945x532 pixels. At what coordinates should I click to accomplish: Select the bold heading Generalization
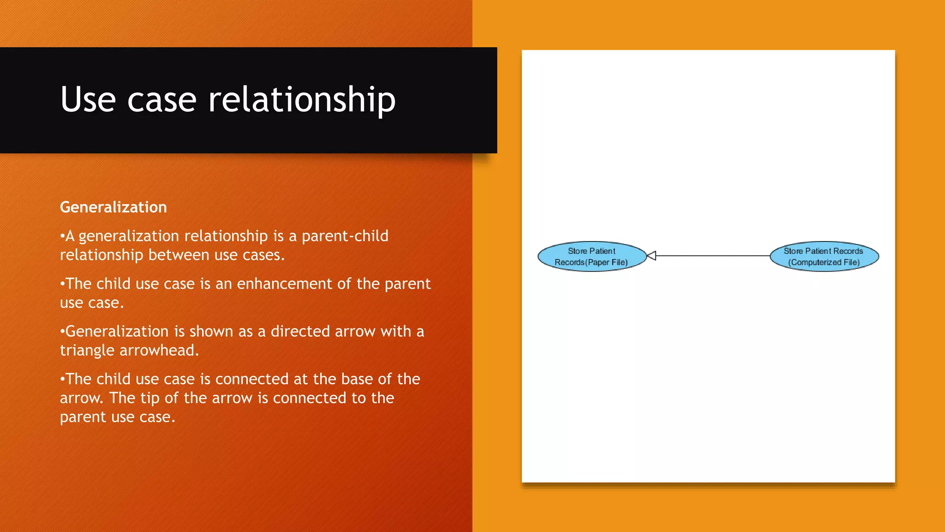[114, 207]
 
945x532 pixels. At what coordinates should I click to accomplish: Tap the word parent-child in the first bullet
[345, 236]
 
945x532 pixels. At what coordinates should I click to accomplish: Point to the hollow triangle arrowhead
[652, 255]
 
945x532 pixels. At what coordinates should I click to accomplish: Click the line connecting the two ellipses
[713, 255]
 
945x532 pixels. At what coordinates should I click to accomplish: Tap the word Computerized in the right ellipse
[816, 262]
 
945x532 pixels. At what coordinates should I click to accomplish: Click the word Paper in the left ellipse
[598, 262]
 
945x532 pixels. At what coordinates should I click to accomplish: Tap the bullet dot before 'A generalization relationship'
[62, 236]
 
